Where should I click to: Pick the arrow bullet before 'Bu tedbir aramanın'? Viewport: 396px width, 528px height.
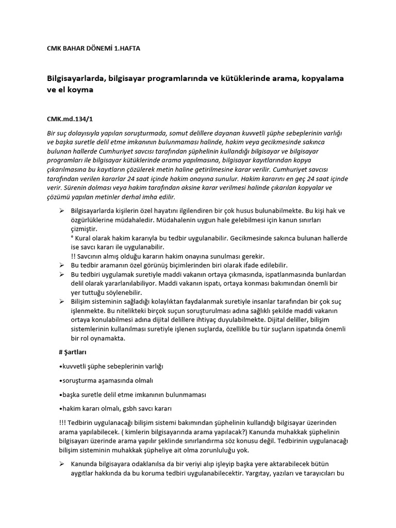[62, 265]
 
